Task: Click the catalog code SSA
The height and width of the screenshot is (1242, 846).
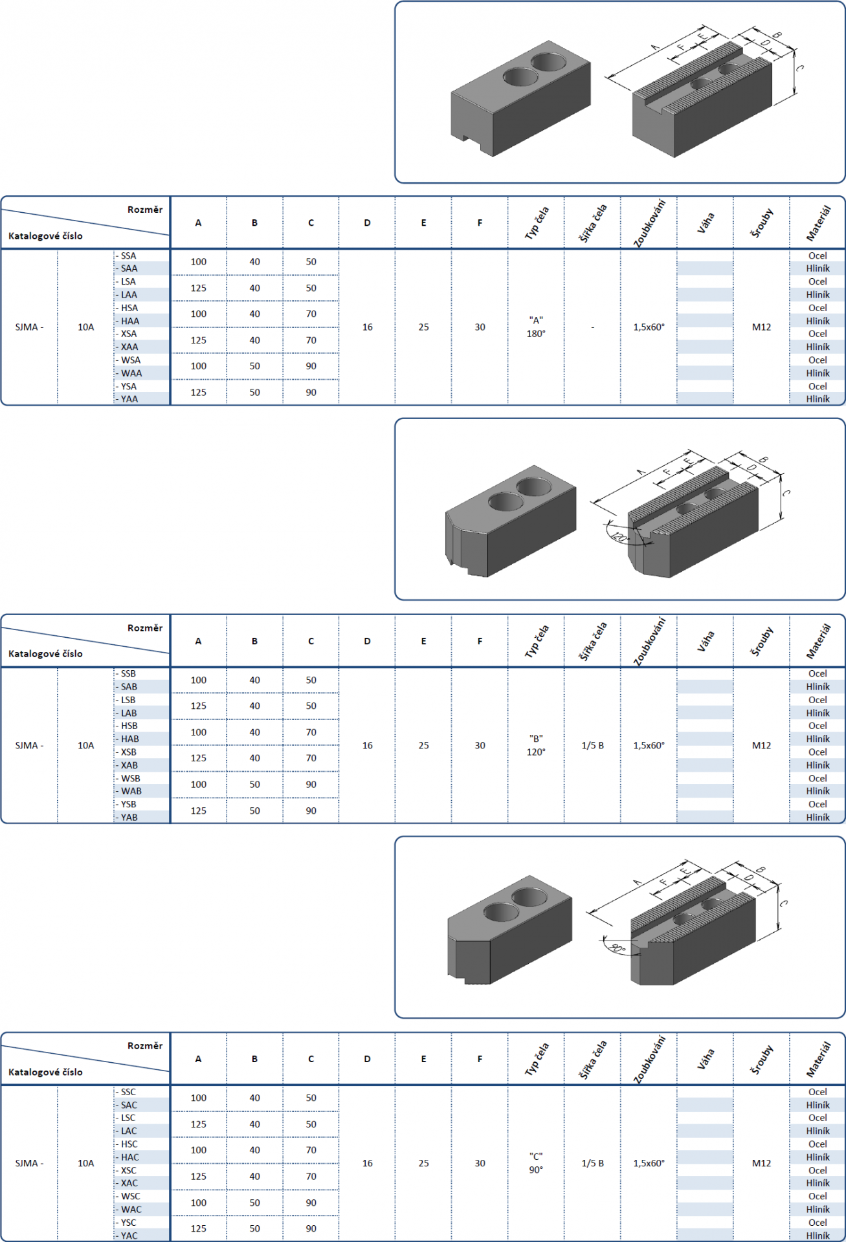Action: [x=128, y=256]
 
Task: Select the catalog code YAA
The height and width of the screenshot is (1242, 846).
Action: [x=129, y=399]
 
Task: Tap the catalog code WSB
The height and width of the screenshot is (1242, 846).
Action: [x=130, y=778]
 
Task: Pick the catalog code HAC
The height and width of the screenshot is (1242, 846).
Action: [x=129, y=1157]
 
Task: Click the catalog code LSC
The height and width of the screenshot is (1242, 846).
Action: [x=128, y=1118]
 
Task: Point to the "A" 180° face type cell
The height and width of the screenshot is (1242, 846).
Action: [x=536, y=327]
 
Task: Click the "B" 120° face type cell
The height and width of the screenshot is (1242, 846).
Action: [x=536, y=745]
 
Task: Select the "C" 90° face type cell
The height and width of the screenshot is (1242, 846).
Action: [x=536, y=1163]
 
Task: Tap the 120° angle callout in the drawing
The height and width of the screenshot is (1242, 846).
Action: [x=620, y=537]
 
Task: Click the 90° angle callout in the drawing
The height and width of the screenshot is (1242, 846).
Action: [x=617, y=949]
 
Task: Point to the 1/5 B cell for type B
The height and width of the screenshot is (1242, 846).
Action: [x=592, y=745]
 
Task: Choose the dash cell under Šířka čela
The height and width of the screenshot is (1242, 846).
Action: [x=592, y=327]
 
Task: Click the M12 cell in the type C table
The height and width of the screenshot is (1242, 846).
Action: [x=761, y=1163]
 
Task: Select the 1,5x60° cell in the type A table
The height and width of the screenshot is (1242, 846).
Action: [x=649, y=327]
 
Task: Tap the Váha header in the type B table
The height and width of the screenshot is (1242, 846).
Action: [x=706, y=640]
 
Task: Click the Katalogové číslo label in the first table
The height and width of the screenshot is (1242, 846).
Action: [x=45, y=236]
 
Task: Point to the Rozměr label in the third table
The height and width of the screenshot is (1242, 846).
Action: [x=145, y=1045]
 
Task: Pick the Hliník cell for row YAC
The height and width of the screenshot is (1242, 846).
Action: [x=818, y=1236]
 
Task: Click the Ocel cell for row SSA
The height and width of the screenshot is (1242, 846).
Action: [x=818, y=256]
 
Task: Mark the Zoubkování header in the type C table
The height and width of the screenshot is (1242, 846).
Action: [x=649, y=1059]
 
